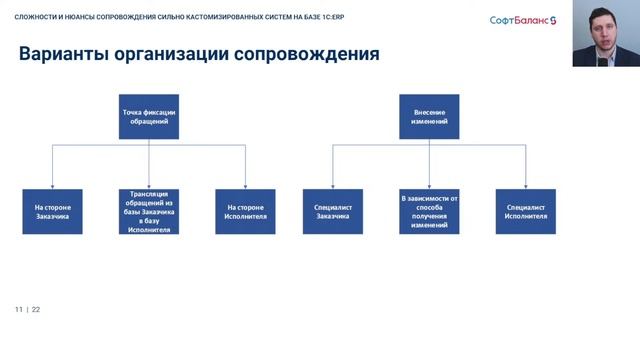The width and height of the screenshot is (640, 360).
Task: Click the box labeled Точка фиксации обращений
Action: [x=149, y=117]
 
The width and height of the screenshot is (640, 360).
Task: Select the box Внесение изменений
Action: [x=429, y=117]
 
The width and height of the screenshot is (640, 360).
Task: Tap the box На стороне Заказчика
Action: [x=53, y=211]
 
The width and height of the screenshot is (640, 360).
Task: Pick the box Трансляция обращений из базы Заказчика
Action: [x=149, y=211]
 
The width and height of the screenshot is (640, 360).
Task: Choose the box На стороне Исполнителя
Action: [x=245, y=211]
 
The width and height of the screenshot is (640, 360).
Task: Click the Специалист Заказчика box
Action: [x=332, y=211]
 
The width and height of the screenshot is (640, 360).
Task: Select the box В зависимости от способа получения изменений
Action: [x=429, y=211]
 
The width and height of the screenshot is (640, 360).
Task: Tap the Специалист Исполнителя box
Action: [x=526, y=211]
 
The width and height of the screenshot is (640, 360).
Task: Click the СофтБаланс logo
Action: [x=527, y=20]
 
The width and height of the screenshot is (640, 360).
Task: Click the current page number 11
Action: [x=18, y=310]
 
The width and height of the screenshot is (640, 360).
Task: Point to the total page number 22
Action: [x=36, y=310]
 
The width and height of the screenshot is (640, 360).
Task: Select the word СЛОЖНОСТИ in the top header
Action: [x=36, y=15]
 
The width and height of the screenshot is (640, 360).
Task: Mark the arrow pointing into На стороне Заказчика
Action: [x=53, y=185]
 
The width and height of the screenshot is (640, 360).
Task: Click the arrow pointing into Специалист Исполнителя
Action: [x=526, y=185]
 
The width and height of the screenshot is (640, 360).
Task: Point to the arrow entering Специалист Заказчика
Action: [x=332, y=185]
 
